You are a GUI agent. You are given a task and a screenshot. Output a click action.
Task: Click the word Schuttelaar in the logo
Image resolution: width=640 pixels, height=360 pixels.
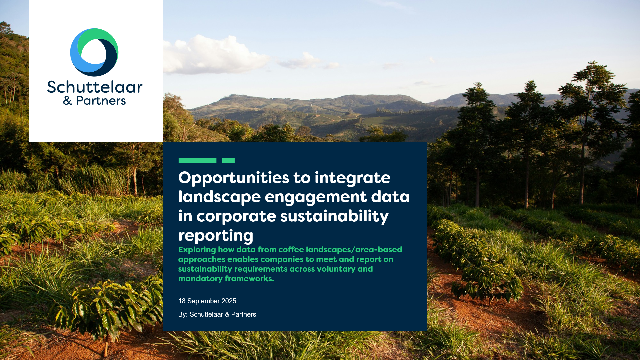[x=95, y=87]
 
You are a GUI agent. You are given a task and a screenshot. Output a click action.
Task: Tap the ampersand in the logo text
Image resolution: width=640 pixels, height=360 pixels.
[x=68, y=101]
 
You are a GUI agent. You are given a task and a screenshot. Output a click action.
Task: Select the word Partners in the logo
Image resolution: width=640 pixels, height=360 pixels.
[x=101, y=100]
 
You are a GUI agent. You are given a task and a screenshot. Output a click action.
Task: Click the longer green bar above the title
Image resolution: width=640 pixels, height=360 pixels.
[x=197, y=160]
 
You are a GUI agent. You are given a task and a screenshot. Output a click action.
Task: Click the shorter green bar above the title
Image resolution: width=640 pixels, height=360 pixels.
[x=228, y=160]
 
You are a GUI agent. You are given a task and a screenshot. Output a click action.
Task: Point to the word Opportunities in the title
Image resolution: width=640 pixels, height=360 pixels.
[x=234, y=178]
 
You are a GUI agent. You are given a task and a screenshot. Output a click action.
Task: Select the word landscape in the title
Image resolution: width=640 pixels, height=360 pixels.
[x=219, y=197]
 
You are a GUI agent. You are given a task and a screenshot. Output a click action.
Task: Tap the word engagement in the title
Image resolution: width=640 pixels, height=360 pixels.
[x=316, y=197]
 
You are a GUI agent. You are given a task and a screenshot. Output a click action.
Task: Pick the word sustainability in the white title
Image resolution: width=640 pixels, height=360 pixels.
[x=334, y=216]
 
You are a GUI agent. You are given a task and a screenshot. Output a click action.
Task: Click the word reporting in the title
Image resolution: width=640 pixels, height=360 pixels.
[x=216, y=236]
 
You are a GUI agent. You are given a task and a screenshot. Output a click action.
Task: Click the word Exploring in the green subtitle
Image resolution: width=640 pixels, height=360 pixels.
[x=197, y=250]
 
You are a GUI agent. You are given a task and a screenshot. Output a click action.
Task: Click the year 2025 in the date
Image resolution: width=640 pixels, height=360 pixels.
[x=229, y=301]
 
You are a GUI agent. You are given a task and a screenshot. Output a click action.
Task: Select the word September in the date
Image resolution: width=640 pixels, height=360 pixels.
[x=204, y=301]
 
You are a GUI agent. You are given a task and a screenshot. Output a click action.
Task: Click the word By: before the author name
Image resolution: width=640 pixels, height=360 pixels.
[x=183, y=314]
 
